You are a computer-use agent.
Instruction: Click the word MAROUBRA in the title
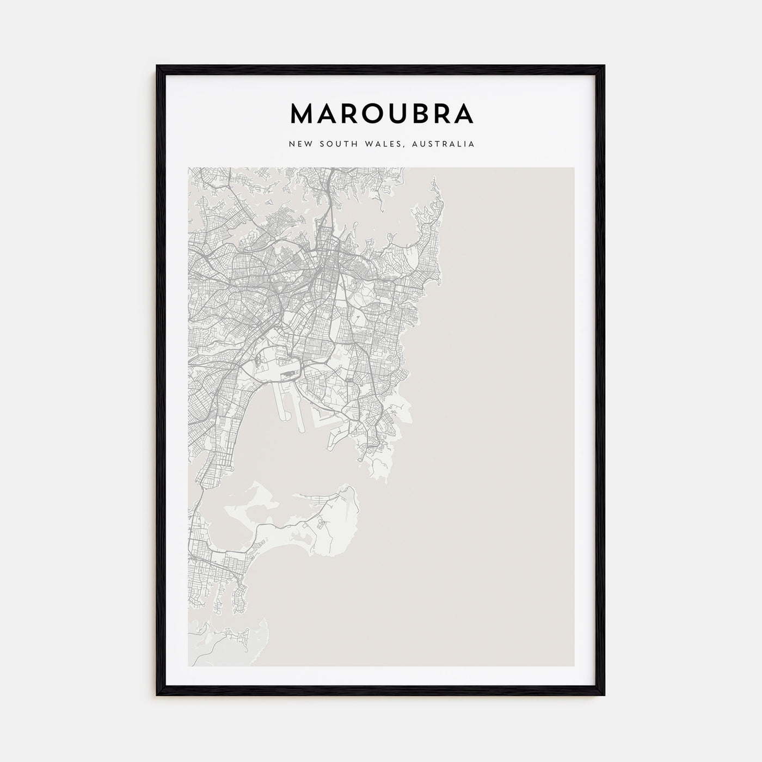pos(382,113)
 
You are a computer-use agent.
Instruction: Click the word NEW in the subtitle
pos(301,144)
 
